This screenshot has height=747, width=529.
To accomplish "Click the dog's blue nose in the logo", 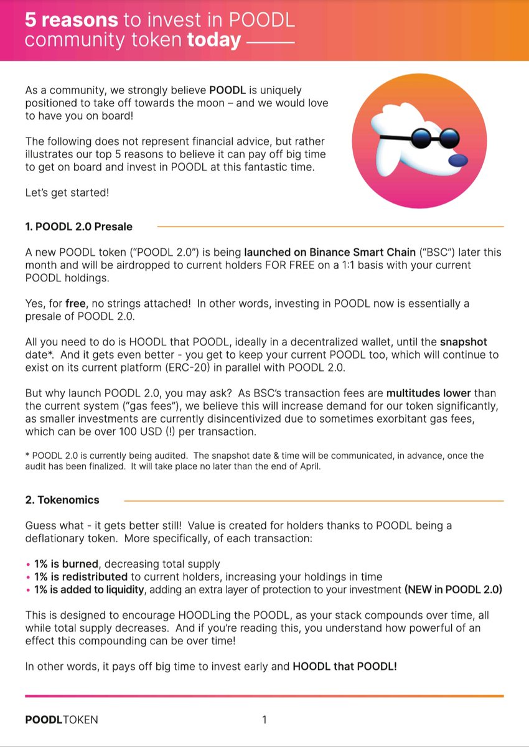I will pyautogui.click(x=458, y=160).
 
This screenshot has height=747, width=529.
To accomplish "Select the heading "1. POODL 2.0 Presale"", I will pyautogui.click(x=78, y=227).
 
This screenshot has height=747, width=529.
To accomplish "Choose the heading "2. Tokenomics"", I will pyautogui.click(x=62, y=500).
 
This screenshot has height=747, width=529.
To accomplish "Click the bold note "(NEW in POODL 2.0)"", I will pyautogui.click(x=453, y=589).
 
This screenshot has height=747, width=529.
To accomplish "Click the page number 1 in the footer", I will pyautogui.click(x=264, y=720).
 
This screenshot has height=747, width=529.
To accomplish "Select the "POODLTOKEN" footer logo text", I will pyautogui.click(x=61, y=720).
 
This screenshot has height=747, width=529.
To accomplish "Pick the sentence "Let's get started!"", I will pyautogui.click(x=67, y=192).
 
